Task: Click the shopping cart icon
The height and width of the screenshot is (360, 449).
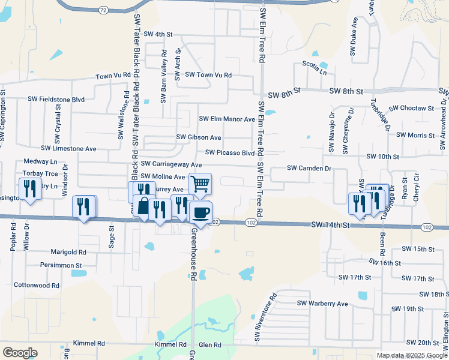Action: click(200, 183)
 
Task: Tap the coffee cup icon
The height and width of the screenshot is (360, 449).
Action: click(200, 212)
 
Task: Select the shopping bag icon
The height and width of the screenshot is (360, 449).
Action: click(144, 206)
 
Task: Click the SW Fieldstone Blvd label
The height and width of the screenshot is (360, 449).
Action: click(56, 99)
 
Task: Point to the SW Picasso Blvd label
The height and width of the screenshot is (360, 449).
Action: click(230, 153)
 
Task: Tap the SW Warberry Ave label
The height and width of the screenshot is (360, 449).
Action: click(322, 304)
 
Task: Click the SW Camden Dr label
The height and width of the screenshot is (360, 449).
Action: click(309, 169)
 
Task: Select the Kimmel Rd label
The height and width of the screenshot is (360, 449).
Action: click(171, 344)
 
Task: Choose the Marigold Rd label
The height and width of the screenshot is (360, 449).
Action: click(69, 252)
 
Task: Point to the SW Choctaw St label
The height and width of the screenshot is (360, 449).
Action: click(411, 109)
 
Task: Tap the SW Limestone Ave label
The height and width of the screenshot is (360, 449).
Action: click(68, 148)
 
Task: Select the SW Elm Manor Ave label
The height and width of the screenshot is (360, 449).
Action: click(227, 119)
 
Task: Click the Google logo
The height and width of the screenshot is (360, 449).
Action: click(20, 353)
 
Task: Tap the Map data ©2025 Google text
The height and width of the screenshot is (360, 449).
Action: click(412, 355)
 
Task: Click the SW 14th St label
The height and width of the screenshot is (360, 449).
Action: click(330, 224)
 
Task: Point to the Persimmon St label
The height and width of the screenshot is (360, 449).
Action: click(61, 265)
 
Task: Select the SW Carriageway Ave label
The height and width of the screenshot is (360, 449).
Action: click(171, 164)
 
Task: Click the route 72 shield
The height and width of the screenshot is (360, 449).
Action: click(103, 10)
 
